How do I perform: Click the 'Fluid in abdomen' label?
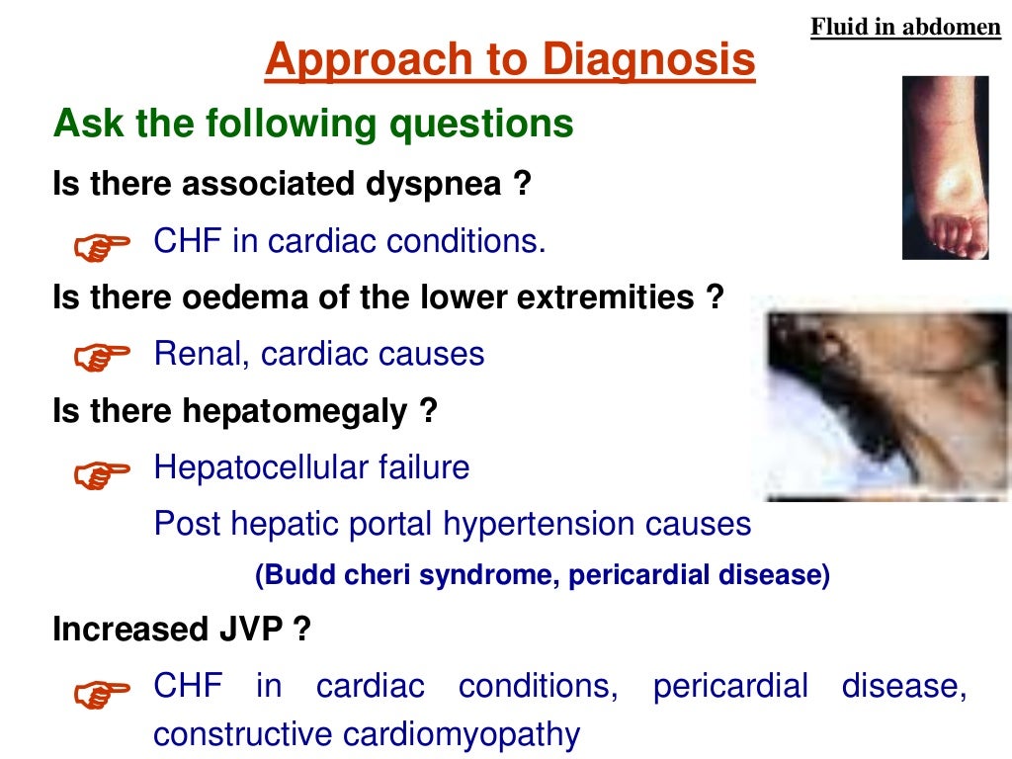point(905,27)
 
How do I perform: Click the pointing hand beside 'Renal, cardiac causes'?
point(102,357)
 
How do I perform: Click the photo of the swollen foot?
point(945,168)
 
